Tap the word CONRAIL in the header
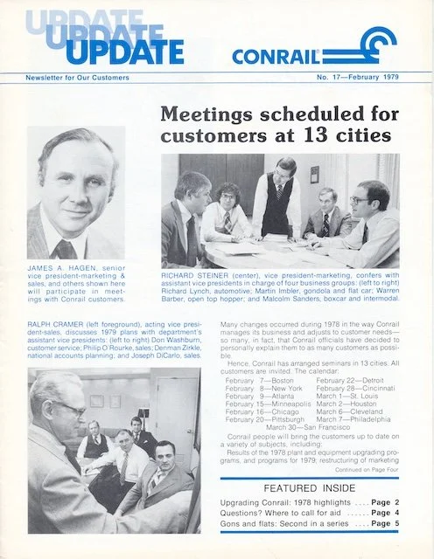[x=275, y=56]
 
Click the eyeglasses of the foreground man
[x=67, y=408]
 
